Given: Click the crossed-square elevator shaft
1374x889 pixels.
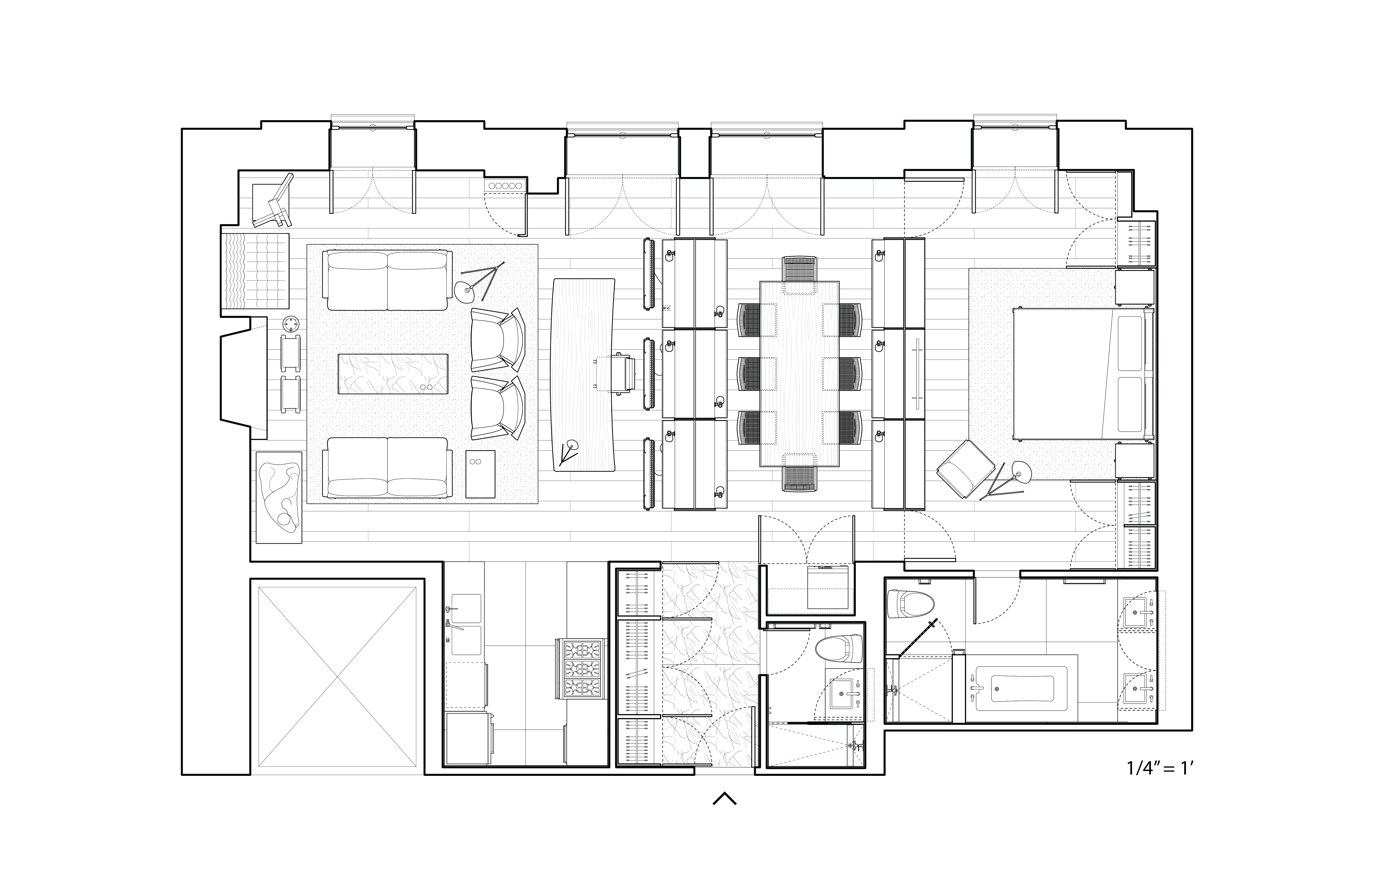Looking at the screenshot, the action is pyautogui.click(x=337, y=680).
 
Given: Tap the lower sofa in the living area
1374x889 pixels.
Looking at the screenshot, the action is pyautogui.click(x=387, y=468).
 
